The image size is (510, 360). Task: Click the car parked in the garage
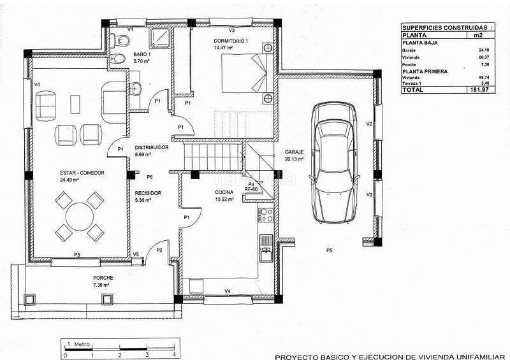334,163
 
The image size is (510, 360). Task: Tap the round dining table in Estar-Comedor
80,217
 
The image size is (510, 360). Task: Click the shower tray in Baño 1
160,38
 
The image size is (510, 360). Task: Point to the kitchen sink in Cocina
266,254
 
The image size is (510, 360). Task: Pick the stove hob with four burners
266,215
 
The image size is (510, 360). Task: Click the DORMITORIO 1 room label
231,41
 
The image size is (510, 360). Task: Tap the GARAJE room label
294,152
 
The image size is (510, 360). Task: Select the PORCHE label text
103,278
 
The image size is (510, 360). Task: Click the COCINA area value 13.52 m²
224,199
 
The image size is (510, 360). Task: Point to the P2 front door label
159,250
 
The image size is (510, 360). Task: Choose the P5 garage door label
330,250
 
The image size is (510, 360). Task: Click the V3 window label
231,30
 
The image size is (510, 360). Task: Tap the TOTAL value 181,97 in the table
479,90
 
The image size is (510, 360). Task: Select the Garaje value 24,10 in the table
484,50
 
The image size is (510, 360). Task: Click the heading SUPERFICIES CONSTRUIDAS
445,27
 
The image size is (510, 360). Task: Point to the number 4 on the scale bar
174,355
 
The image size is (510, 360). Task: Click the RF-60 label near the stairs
251,189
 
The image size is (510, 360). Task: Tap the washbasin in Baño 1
135,88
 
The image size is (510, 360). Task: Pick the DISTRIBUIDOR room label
152,147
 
